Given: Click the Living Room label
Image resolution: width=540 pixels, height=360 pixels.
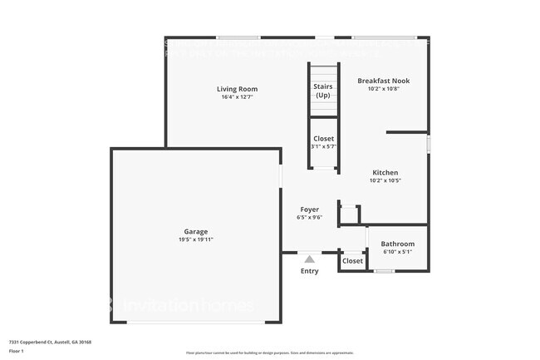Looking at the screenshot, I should click(237, 89).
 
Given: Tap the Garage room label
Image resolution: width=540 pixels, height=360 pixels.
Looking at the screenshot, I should click(196, 231).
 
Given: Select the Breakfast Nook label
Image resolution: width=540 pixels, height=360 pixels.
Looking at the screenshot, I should click(383, 81).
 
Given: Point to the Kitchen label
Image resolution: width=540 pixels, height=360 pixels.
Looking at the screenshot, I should click(385, 172).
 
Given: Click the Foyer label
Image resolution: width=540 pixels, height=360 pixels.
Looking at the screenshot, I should click(309, 210).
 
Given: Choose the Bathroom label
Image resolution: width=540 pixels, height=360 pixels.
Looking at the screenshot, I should click(398, 244).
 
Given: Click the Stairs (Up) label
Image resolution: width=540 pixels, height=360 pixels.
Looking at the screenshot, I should click(322, 90).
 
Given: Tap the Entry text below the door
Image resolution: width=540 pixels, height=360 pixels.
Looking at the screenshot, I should click(309, 271).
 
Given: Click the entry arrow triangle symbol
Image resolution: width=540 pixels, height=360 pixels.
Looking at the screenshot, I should click(309, 259).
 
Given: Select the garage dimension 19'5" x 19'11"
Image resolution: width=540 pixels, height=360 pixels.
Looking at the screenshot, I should click(196, 239).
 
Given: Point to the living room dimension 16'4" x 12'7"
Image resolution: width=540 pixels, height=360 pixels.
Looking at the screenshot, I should click(237, 97).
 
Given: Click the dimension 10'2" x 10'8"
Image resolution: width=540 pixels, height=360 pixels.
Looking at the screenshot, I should click(383, 89).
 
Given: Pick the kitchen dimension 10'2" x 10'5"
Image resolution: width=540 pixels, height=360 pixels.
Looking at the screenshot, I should click(385, 180).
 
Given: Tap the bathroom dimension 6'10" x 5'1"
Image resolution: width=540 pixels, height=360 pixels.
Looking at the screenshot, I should click(398, 252).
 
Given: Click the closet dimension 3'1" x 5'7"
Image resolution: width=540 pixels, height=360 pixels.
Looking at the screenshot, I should click(323, 146).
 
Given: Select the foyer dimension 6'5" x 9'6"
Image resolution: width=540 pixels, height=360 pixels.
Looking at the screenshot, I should click(309, 218).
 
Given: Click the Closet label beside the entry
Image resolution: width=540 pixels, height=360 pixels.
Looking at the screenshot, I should click(352, 261).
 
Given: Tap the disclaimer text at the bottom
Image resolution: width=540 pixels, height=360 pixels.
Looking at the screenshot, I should click(270, 353).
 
